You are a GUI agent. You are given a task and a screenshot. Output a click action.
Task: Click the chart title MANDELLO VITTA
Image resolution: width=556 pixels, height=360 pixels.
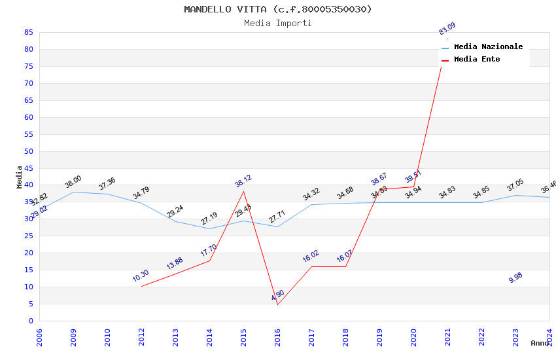[278, 9]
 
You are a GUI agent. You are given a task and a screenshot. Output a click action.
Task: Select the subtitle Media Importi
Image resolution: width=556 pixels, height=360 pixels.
[278, 23]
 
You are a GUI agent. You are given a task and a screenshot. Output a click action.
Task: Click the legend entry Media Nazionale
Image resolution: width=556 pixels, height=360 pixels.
[488, 46]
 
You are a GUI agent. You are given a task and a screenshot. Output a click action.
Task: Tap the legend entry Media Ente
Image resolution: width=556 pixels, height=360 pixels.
[477, 59]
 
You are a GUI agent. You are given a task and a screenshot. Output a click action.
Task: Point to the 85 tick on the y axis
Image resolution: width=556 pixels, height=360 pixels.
[28, 32]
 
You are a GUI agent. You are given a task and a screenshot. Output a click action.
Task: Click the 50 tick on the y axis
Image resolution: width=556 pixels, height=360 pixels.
[28, 151]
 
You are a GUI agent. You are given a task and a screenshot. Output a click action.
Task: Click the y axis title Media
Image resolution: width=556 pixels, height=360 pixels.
[20, 177]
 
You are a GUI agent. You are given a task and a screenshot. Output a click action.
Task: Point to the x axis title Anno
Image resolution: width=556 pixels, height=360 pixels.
[540, 343]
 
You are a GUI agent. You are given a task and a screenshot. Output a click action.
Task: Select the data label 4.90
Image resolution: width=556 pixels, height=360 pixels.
[278, 295]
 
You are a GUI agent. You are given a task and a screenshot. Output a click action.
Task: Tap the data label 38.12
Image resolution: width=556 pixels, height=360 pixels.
[243, 181]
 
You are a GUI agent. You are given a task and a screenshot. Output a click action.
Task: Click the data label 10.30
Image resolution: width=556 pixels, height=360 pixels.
[141, 276]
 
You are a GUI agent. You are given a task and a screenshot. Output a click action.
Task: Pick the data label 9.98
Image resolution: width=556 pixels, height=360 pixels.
[515, 278]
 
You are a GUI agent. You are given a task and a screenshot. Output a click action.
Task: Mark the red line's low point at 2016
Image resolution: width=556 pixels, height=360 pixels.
[277, 304]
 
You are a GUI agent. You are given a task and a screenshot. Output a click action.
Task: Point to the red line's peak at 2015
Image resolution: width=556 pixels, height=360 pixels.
[243, 191]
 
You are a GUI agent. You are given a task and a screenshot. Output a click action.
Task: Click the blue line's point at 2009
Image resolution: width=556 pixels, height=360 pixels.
[73, 192]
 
